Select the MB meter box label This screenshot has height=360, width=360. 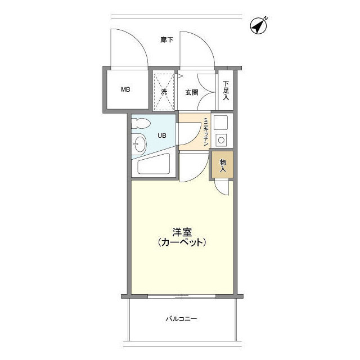pos(126,89)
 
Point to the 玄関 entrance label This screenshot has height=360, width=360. pos(192,92)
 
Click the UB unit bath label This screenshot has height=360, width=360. pos(161,135)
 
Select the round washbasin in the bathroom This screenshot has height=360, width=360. pos(139,145)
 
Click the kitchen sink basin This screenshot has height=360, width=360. pos(220,122)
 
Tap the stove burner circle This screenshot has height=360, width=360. pos(221,140)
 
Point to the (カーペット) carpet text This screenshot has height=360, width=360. pos(181,243)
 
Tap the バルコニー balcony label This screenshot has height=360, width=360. pos(181,318)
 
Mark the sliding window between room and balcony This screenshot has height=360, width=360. pos(181,296)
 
